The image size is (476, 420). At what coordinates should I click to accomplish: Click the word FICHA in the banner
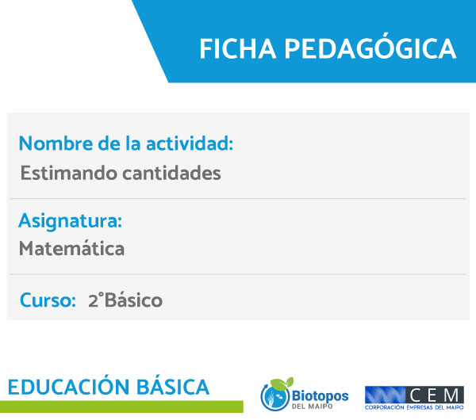(238, 49)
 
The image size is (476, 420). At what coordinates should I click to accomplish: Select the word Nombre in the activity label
(56, 143)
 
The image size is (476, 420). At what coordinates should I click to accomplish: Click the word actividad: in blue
(190, 143)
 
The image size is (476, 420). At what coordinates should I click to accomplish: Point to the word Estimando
(68, 174)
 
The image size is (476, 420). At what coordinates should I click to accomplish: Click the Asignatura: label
(70, 221)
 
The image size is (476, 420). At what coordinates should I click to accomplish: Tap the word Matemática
(71, 248)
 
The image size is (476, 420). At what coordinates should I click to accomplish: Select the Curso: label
(48, 300)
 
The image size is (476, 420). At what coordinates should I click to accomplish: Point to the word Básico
(133, 300)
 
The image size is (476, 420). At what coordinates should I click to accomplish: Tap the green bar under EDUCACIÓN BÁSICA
(121, 407)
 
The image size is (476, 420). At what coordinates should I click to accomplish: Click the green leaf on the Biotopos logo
(282, 384)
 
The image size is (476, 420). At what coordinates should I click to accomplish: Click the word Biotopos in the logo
(320, 396)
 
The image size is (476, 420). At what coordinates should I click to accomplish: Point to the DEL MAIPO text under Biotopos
(312, 406)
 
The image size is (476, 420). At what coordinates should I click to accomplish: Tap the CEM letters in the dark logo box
(435, 395)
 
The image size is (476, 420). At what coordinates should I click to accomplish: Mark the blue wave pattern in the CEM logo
(385, 395)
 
